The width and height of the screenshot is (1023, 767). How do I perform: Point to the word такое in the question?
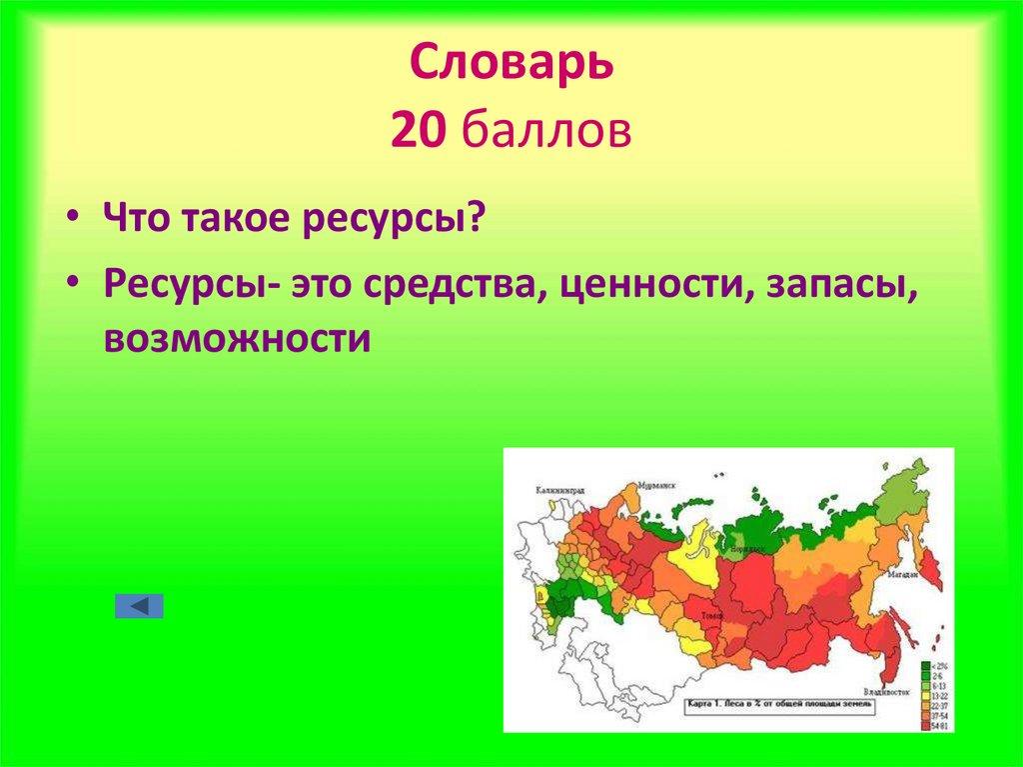pos(237,218)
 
